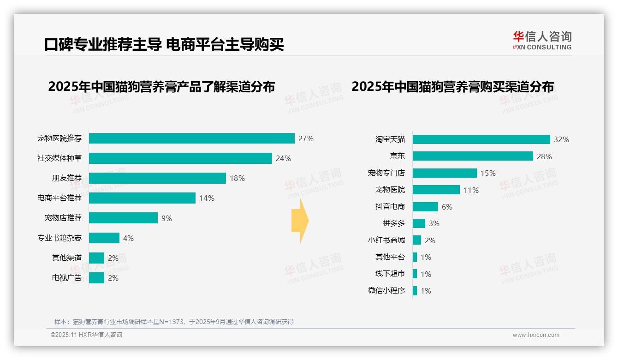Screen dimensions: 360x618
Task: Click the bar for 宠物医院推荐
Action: point(191,138)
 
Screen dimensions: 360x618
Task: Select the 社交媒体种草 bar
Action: point(180,158)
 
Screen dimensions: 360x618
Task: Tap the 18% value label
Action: point(237,178)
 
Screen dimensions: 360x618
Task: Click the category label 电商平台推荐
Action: point(59,198)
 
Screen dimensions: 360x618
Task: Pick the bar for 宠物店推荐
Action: point(123,218)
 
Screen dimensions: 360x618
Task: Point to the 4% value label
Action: point(128,238)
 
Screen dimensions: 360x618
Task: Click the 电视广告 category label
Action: point(67,278)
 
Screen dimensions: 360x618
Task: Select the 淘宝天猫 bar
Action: point(481,139)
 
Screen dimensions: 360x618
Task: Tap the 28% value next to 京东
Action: point(544,156)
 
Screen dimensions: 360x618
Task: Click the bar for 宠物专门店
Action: point(445,173)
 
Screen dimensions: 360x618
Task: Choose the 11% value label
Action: point(471,190)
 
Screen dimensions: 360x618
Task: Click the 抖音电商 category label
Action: point(390,207)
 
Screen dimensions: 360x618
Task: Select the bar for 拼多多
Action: point(419,223)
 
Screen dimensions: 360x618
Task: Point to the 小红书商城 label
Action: point(386,240)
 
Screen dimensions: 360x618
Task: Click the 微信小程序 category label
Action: point(386,291)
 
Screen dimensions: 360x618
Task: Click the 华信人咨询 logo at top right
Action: point(542,40)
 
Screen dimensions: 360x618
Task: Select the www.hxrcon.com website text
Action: point(536,335)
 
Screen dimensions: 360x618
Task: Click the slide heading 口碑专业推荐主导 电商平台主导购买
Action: point(164,44)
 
